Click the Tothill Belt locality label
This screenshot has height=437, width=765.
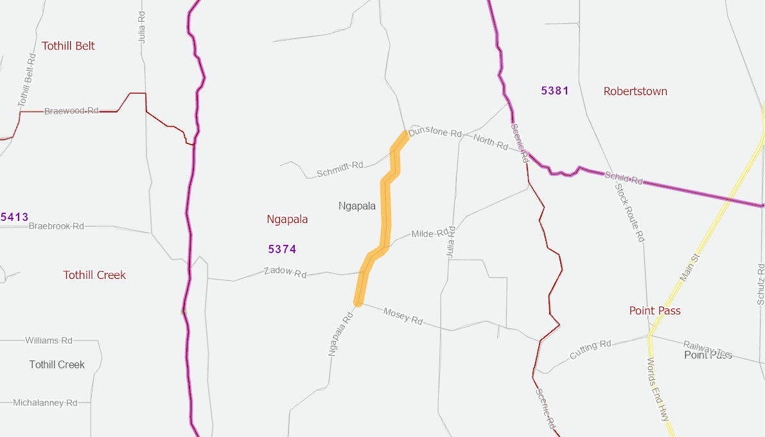coord(68,46)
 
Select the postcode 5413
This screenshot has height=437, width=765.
coord(14,217)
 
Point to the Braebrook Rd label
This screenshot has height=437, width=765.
coord(57,226)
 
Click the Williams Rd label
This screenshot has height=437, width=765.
coord(49,340)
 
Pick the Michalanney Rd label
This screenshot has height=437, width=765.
coord(46,403)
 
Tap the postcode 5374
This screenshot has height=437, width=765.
coord(282,249)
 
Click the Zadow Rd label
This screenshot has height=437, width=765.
coord(285,272)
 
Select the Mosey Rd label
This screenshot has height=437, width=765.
coord(403,316)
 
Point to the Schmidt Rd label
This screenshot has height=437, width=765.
coord(340,169)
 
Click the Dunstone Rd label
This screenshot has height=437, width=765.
coord(435,132)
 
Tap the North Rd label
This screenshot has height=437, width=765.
coord(491,141)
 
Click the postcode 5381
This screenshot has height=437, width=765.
coord(555,91)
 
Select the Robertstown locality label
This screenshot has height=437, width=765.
coord(635,91)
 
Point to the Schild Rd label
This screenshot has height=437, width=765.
coord(624,179)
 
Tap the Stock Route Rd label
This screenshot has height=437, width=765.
coord(629,212)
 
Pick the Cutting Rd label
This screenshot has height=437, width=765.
coord(591,350)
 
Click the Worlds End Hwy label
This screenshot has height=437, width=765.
coord(658,389)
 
